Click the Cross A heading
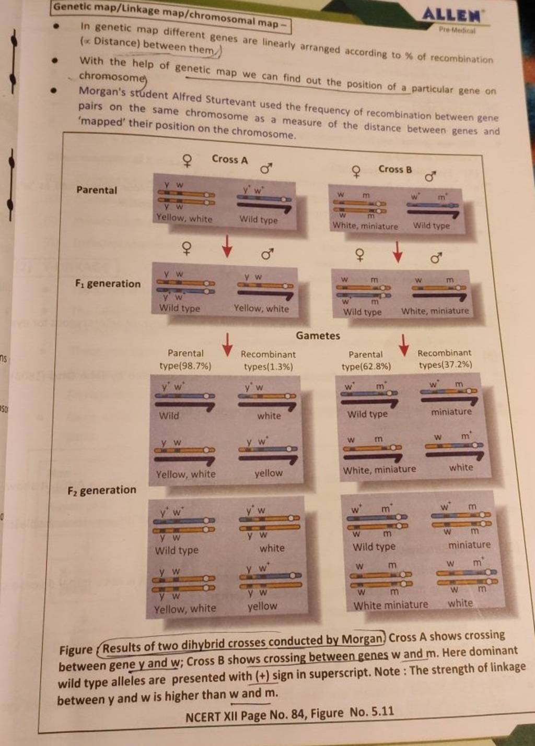point(230,159)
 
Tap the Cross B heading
point(395,169)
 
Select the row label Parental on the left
point(97,190)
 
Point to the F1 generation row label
point(108,284)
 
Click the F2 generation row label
point(101,490)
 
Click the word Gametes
point(318,336)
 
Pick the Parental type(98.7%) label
point(185,360)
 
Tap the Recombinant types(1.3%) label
point(268,360)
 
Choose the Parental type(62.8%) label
point(366,361)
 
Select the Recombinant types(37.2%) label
point(445,359)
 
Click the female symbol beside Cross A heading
point(186,161)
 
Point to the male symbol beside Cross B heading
point(431,176)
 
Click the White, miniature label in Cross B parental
point(365,226)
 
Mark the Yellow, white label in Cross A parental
point(184,219)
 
